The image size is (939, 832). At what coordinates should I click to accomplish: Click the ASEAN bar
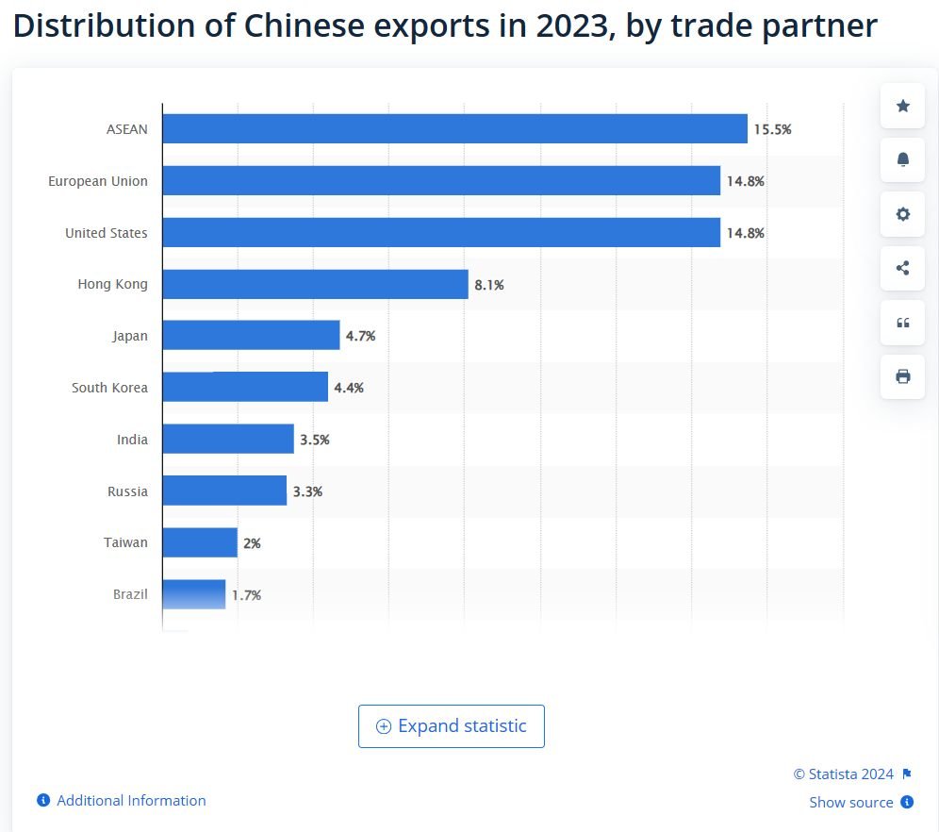pyautogui.click(x=454, y=129)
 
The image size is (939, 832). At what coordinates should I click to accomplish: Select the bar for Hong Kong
pyautogui.click(x=315, y=284)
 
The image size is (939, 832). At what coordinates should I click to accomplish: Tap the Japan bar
pyautogui.click(x=251, y=336)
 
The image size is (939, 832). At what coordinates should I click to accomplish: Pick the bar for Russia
pyautogui.click(x=224, y=491)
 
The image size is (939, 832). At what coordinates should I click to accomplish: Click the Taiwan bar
pyautogui.click(x=200, y=542)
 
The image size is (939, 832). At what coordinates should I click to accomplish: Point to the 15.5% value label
pyautogui.click(x=772, y=129)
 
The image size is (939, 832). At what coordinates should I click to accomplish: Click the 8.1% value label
pyautogui.click(x=489, y=284)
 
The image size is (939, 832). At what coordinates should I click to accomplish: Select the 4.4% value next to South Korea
pyautogui.click(x=349, y=388)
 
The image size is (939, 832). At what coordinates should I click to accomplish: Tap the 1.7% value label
pyautogui.click(x=246, y=595)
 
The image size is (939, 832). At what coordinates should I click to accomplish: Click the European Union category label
pyautogui.click(x=98, y=181)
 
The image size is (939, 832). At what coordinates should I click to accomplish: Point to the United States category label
pyautogui.click(x=107, y=233)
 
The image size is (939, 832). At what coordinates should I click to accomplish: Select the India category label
pyautogui.click(x=132, y=440)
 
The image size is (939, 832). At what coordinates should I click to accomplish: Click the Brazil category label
pyautogui.click(x=130, y=595)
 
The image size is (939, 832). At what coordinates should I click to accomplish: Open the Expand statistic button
pyautogui.click(x=452, y=726)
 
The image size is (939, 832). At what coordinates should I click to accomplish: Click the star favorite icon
pyautogui.click(x=902, y=106)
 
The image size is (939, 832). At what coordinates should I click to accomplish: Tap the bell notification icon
pyautogui.click(x=902, y=159)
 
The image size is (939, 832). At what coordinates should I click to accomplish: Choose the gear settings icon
pyautogui.click(x=902, y=214)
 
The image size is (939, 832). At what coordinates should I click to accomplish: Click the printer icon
pyautogui.click(x=902, y=376)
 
